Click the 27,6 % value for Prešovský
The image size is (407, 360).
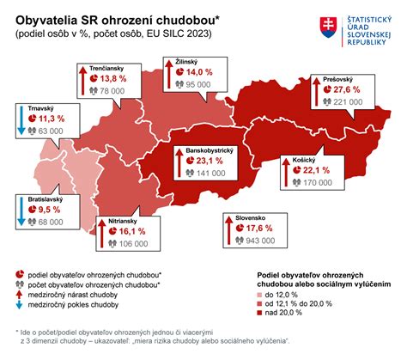[x=344, y=90]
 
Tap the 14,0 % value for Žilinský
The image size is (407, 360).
[x=200, y=74]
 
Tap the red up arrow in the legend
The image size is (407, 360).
[x=20, y=294]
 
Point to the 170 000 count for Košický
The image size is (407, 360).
[x=318, y=183]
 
